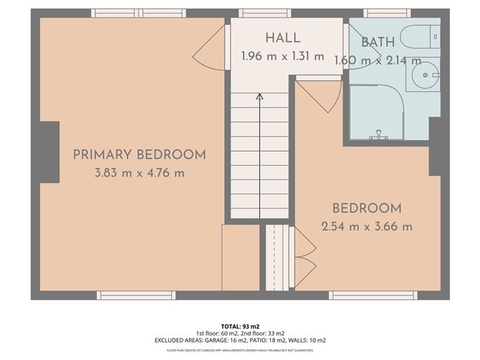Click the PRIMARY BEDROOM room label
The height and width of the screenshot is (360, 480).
139,154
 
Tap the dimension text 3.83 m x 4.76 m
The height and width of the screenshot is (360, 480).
139,172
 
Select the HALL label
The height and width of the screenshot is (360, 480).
282,38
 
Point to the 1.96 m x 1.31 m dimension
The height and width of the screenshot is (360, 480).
282,55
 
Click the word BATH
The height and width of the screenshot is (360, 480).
377,42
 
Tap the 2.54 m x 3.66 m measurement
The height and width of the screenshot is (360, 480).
366,227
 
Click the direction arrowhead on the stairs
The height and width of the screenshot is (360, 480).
259,95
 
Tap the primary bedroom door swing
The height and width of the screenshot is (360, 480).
208,50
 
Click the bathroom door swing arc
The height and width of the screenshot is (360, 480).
320,93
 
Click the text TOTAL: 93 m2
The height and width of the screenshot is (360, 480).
239,326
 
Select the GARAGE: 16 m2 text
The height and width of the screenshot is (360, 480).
225,340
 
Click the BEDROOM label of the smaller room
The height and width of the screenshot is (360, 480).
366,209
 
